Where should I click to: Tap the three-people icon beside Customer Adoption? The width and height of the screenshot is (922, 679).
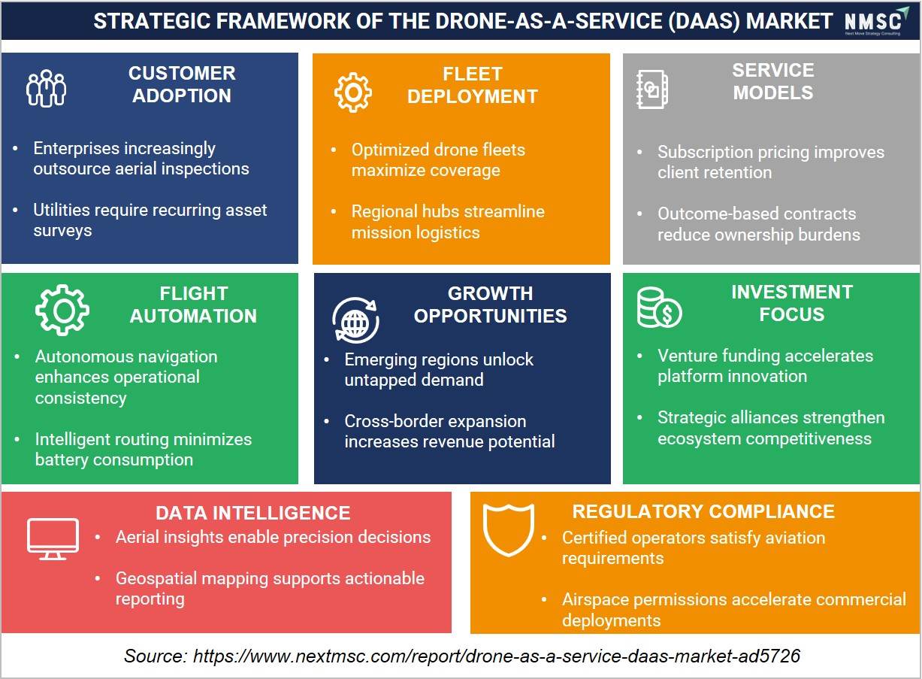[46, 89]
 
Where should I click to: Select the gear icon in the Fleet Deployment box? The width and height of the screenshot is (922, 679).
[352, 92]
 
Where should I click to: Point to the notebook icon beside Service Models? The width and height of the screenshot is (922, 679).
[652, 89]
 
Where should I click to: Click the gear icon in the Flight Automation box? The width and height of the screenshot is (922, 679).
[62, 310]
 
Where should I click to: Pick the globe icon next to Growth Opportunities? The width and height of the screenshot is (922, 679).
[355, 320]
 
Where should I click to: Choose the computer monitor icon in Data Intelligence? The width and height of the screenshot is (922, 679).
[53, 539]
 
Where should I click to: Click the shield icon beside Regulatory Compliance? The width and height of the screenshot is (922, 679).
[509, 530]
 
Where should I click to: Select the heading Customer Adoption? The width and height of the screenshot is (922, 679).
[182, 84]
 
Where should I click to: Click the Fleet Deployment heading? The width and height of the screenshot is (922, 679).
[473, 85]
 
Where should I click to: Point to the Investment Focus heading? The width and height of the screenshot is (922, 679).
[792, 303]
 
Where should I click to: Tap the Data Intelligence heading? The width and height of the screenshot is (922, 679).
[252, 513]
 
